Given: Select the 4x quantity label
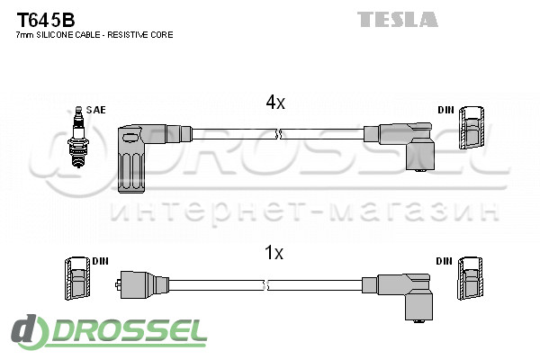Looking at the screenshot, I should (x=274, y=103).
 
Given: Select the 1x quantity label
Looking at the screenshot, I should (x=274, y=254).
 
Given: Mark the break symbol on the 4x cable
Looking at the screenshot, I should (x=279, y=134).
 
